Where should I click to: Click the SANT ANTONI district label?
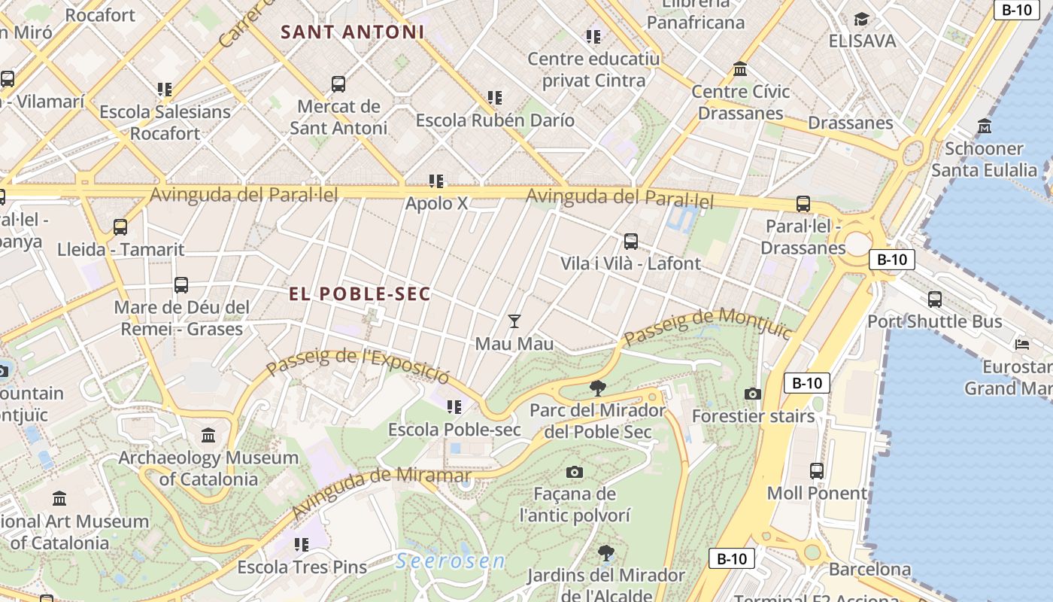coord(352,32)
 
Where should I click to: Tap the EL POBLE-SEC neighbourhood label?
coord(360,294)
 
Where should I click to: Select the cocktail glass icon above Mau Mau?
coord(514,321)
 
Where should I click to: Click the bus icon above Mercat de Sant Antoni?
coord(338,84)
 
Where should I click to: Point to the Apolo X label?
coord(436,203)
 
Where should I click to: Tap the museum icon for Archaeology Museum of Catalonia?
coord(208,435)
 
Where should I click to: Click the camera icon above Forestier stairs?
coord(753,394)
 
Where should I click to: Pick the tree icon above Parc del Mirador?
coord(598,388)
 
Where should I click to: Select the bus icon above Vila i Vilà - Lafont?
coord(630,242)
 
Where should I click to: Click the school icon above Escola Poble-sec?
coord(454,407)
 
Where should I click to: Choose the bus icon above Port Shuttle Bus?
coord(935,299)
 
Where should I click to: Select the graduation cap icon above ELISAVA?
coord(862,19)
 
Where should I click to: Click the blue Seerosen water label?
coord(450,561)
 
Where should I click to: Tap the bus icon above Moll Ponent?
coord(817,471)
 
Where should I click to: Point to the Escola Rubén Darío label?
coord(495,120)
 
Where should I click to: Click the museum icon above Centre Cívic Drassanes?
coord(740,69)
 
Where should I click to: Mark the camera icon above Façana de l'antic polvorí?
coord(575,472)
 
